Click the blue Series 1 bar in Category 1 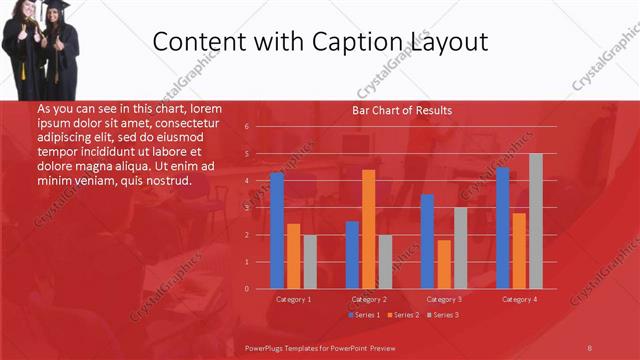pyautogui.click(x=277, y=230)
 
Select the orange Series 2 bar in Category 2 pyautogui.click(x=369, y=229)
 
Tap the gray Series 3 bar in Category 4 pyautogui.click(x=536, y=221)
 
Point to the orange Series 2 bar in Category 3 pyautogui.click(x=444, y=264)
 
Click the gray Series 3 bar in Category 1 pyautogui.click(x=310, y=262)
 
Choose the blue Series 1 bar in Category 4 pyautogui.click(x=503, y=228)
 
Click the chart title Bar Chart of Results pyautogui.click(x=402, y=110)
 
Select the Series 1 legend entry pyautogui.click(x=363, y=315)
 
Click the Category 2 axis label pyautogui.click(x=369, y=299)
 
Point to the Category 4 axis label pyautogui.click(x=519, y=299)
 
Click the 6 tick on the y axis pyautogui.click(x=246, y=127)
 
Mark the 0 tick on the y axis pyautogui.click(x=246, y=289)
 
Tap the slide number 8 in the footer pyautogui.click(x=590, y=346)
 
